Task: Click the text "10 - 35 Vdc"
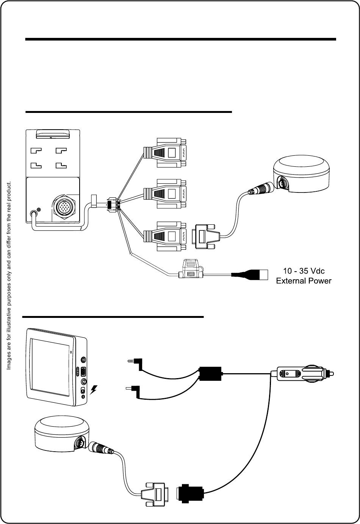point(304,271)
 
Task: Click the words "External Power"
point(304,281)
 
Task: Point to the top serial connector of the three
point(165,153)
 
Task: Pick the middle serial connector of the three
point(165,193)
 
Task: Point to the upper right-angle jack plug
point(135,363)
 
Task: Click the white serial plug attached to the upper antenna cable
point(207,237)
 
